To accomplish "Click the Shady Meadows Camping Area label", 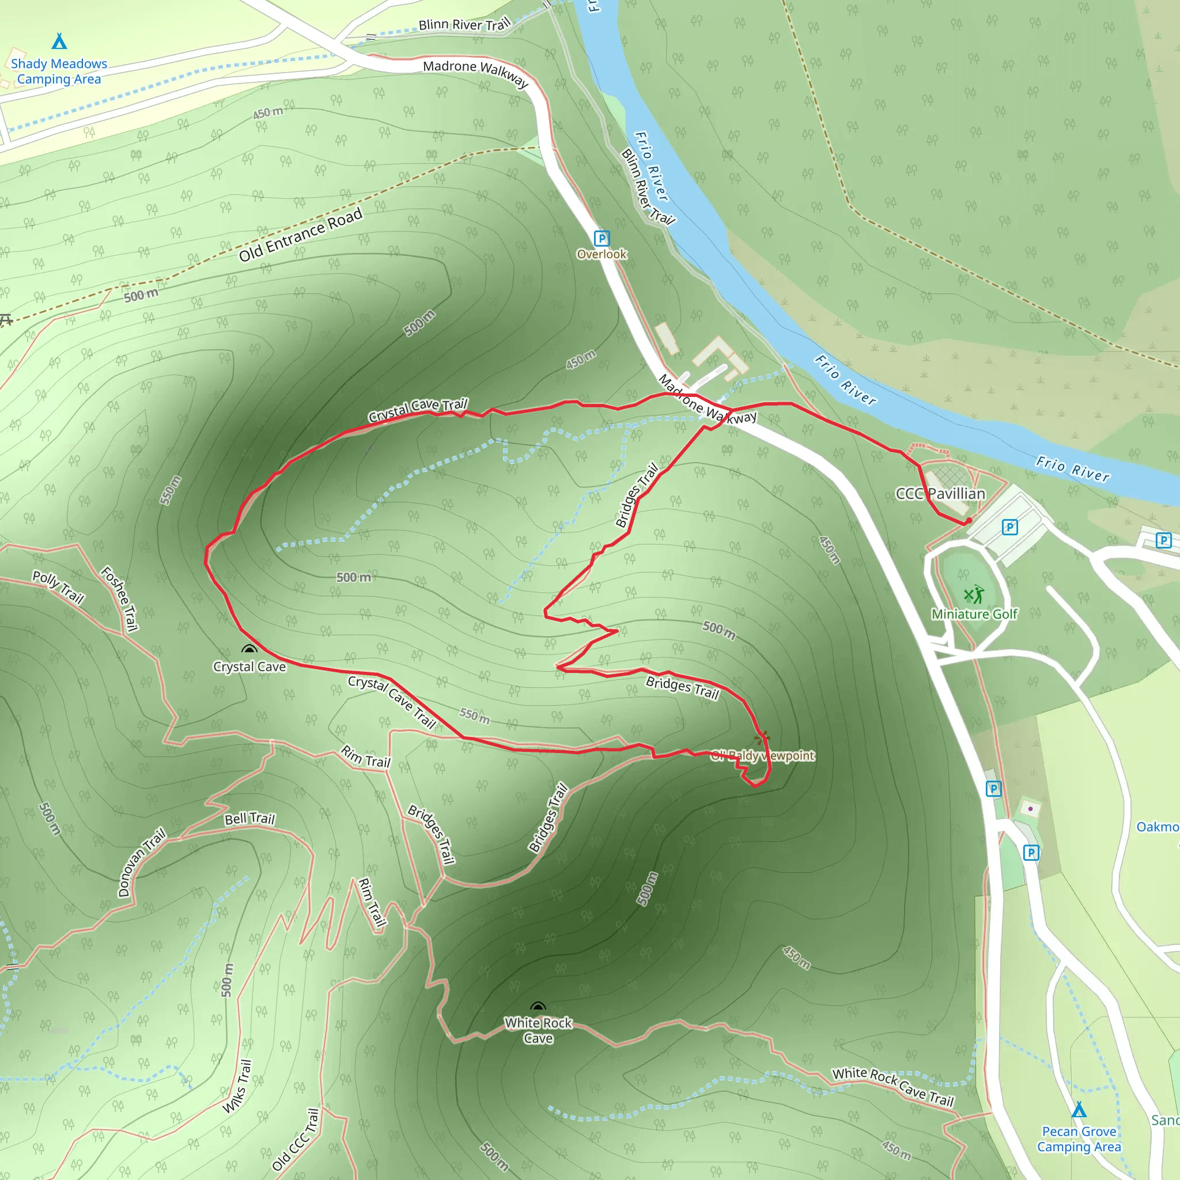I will (59, 71).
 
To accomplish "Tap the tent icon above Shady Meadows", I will (59, 41).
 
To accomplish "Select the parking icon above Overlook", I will (602, 238).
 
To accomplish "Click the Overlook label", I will (602, 254).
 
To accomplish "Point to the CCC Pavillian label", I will (940, 494).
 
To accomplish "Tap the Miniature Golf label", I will (974, 614).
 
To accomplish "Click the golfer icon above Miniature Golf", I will (974, 594).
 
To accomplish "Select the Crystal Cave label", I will (249, 667).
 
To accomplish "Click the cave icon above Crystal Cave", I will (248, 649).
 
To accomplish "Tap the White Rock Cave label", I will (538, 1030).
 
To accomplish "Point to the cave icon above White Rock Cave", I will (538, 1007).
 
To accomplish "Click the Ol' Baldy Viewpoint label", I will (762, 755).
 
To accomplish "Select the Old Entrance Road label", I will (301, 235).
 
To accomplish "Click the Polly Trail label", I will (58, 587).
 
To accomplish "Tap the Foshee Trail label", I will (120, 599).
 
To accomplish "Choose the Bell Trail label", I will (250, 818).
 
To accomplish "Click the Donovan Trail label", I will (142, 862).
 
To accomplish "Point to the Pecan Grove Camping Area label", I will (1079, 1139).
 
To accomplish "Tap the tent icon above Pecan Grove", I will (1079, 1109).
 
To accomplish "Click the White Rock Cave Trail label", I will (893, 1087).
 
